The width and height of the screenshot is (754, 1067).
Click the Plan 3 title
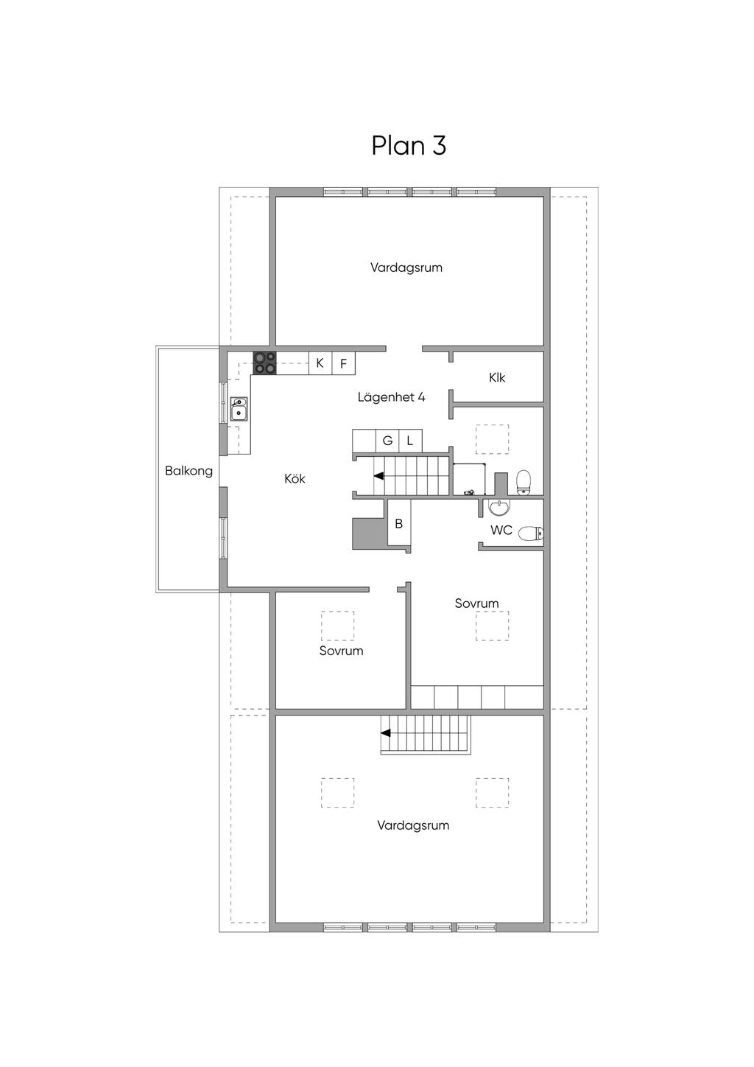(x=409, y=145)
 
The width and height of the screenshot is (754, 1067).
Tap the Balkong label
(x=188, y=471)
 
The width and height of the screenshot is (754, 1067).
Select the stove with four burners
(x=264, y=363)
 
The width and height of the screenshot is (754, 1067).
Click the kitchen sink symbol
(x=239, y=409)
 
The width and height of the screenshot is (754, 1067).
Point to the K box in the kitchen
(x=320, y=363)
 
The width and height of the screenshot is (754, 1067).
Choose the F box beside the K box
(x=343, y=363)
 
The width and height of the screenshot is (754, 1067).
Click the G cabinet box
(x=387, y=441)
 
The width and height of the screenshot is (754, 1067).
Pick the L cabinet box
(x=410, y=441)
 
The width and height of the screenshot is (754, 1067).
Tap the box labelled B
(x=399, y=523)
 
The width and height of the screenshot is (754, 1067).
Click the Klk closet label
(x=497, y=378)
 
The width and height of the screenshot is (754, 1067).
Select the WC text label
(x=501, y=530)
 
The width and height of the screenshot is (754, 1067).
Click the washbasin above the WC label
(x=498, y=508)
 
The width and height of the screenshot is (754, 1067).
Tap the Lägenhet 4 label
(x=391, y=397)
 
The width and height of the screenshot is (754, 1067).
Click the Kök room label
(x=295, y=479)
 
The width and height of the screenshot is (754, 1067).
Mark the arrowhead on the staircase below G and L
(x=379, y=476)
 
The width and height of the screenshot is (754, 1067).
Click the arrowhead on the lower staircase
(x=386, y=733)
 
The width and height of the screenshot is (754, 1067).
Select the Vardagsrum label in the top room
(x=406, y=267)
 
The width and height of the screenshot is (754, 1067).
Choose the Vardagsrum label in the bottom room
(x=413, y=825)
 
